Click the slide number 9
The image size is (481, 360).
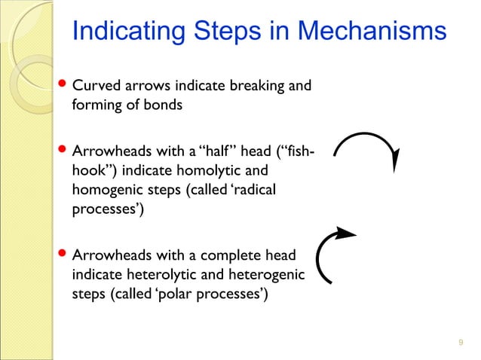pos(461,344)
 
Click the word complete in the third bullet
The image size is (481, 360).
pos(230,256)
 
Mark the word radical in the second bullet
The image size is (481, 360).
pos(252,191)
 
